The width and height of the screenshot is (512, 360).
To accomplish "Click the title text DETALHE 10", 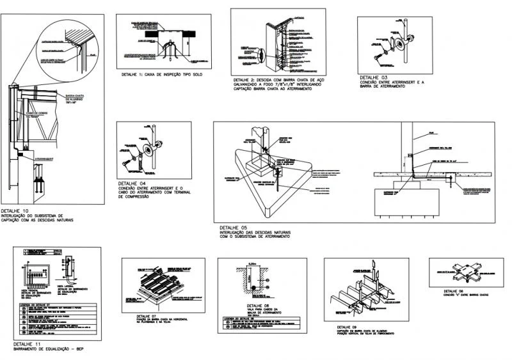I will click(15, 210).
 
